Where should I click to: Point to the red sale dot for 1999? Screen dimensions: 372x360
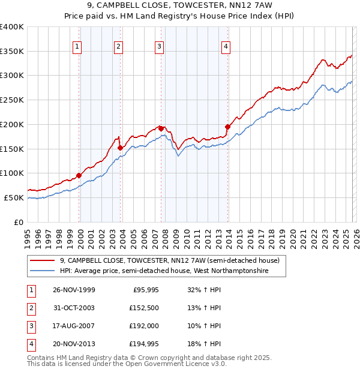point(79,175)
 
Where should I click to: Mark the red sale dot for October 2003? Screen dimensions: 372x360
point(121,148)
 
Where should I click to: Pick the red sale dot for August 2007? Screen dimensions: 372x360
point(161,128)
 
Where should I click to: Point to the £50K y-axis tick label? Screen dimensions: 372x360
point(14,197)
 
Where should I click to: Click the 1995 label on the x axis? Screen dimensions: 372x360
point(28,236)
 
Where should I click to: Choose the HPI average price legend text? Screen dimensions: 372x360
point(163,271)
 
